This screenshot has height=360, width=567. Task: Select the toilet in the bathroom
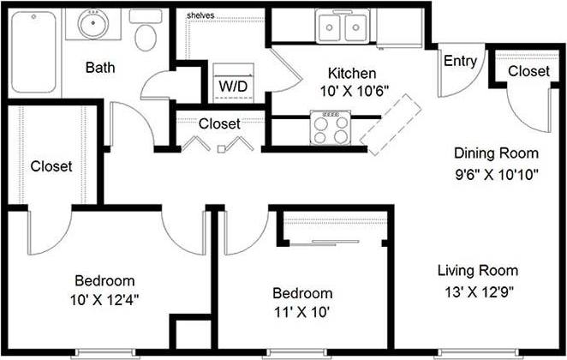(x=147, y=32)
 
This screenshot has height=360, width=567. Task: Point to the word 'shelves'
(x=200, y=15)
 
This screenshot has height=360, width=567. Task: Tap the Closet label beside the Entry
(x=528, y=71)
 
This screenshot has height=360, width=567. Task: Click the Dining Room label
(x=496, y=154)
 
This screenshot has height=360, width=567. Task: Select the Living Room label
(x=477, y=271)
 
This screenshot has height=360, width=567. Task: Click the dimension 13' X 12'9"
(x=477, y=291)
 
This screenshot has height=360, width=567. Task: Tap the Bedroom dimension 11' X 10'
(x=303, y=313)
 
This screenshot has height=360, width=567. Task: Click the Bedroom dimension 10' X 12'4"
(x=105, y=299)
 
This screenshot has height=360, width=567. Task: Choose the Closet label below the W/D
(x=219, y=123)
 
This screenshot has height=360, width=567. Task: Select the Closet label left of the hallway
(x=51, y=165)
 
